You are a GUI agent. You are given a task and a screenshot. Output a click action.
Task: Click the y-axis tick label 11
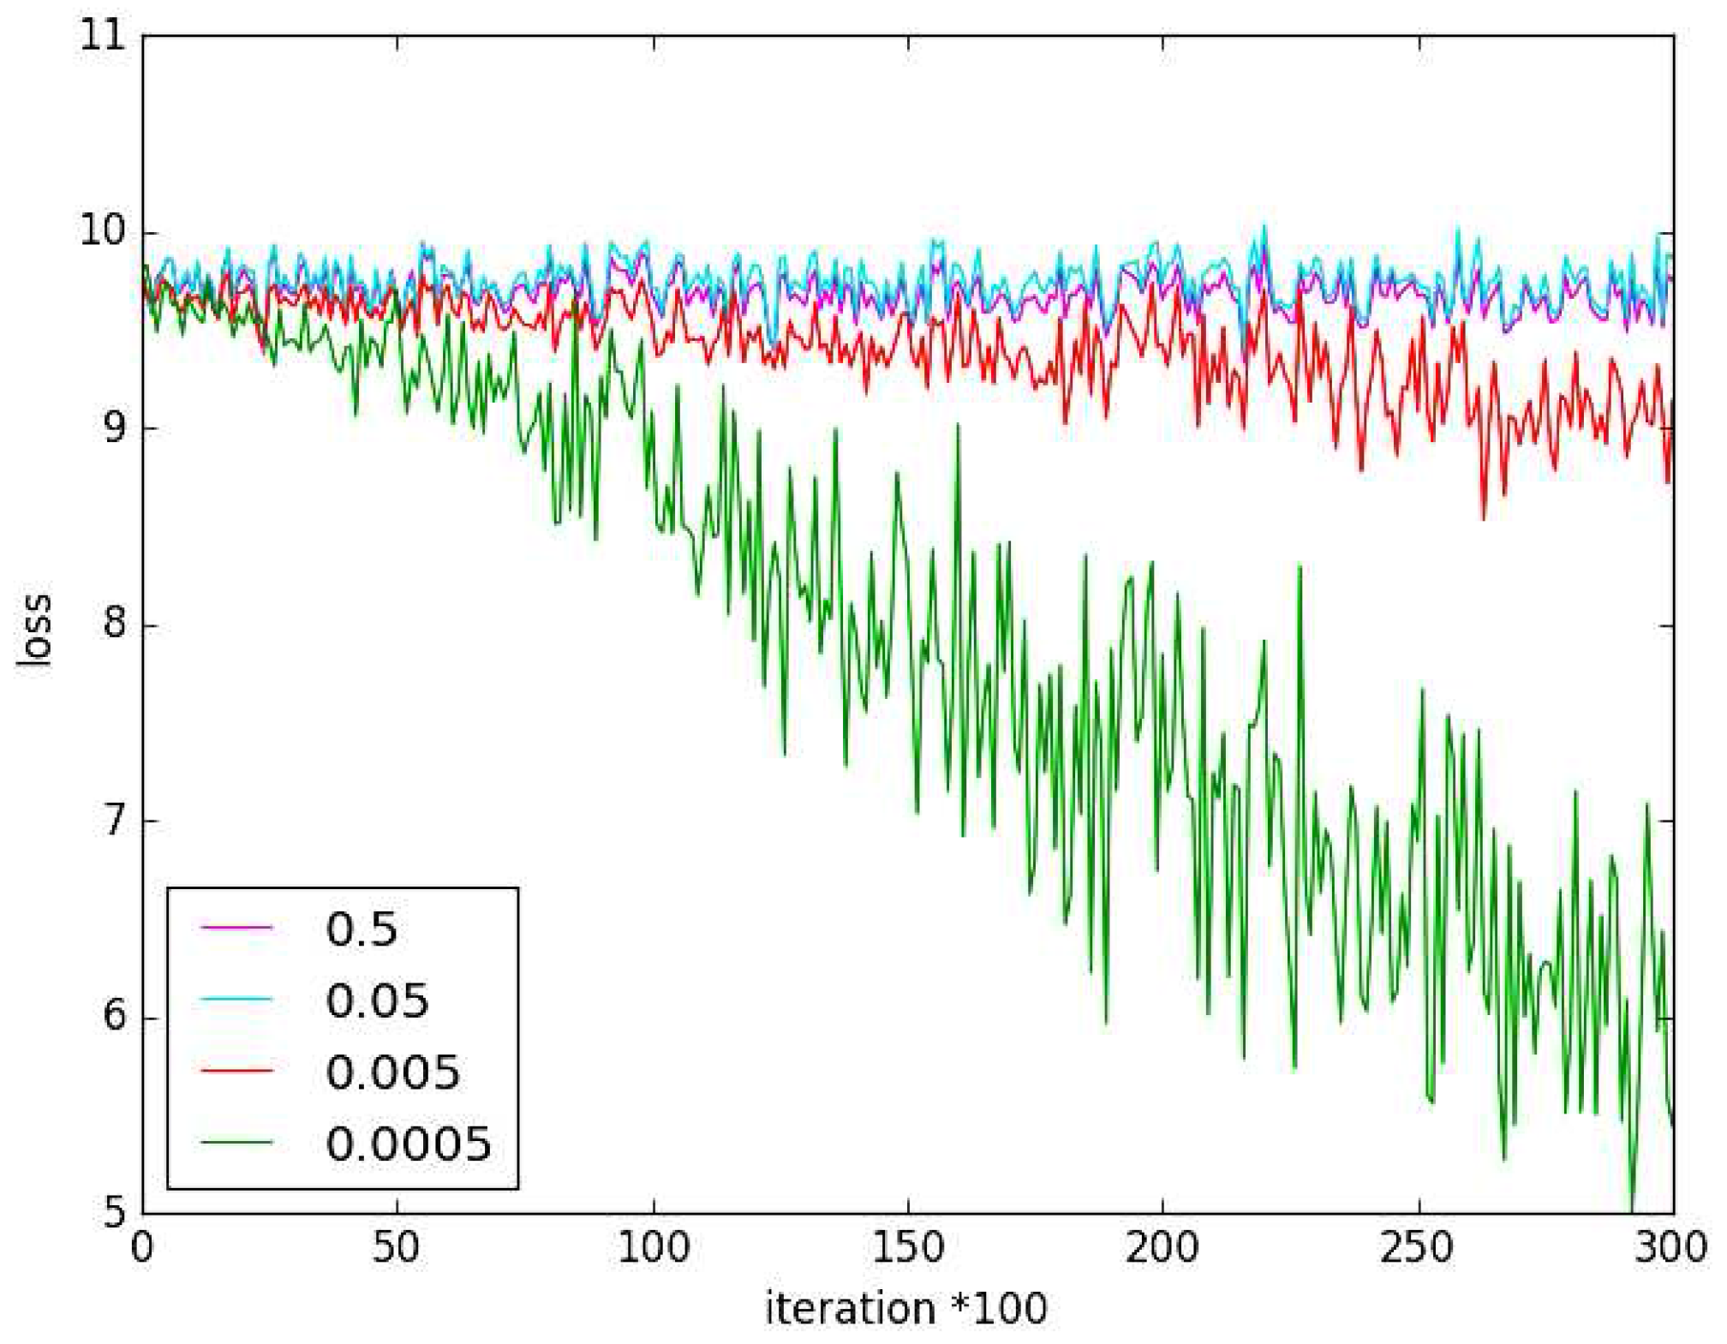click(101, 39)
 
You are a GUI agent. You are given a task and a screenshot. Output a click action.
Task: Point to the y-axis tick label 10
click(101, 232)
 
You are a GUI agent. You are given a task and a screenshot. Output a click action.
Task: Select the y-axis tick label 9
click(115, 427)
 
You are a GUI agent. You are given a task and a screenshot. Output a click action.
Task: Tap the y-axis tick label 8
click(115, 624)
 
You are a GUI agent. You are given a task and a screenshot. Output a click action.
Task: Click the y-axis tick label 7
click(115, 820)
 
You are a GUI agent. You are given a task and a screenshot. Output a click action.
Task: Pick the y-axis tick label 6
click(115, 1017)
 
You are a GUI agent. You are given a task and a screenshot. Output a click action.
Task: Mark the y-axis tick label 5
click(115, 1211)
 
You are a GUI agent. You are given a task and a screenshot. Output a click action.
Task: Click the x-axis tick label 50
click(397, 1249)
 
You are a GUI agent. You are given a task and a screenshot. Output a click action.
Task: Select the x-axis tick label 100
click(652, 1249)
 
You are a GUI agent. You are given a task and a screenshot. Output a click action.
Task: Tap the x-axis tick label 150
click(907, 1249)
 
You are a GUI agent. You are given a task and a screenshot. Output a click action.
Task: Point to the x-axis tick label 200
click(1162, 1249)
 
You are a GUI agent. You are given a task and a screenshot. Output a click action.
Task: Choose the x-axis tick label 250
click(1417, 1249)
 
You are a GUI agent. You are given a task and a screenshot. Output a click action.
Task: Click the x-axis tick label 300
click(1670, 1249)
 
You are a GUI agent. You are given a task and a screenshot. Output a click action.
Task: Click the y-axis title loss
click(36, 630)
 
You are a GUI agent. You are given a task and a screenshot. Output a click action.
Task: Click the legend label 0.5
click(362, 929)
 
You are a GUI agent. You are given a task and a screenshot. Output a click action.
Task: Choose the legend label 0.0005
click(409, 1144)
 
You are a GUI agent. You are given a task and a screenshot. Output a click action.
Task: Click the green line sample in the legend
click(236, 1142)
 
